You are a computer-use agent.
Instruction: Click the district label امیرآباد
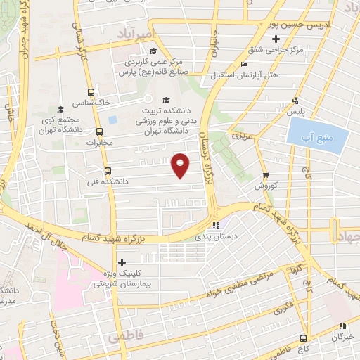pos(141,35)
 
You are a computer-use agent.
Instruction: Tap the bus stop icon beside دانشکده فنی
pos(108,171)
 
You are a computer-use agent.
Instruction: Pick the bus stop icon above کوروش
pos(266,176)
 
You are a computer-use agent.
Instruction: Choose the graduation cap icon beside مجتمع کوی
pos(60,109)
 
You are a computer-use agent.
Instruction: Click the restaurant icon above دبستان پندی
pos(216,226)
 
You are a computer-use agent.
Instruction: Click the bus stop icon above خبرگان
pos(342,325)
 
